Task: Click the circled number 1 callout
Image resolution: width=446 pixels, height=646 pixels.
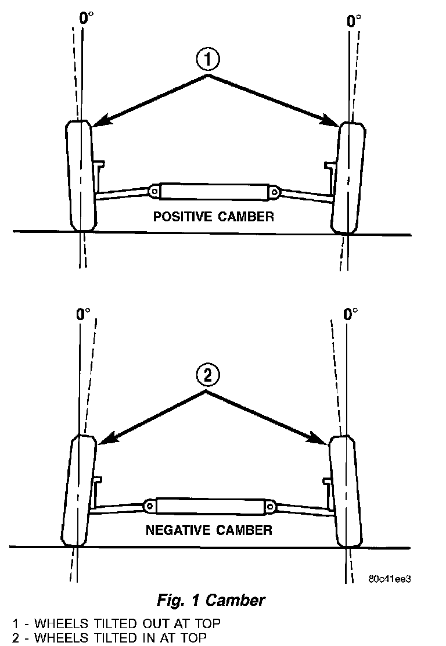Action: pyautogui.click(x=208, y=59)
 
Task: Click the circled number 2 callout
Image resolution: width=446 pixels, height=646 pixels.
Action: pyautogui.click(x=208, y=376)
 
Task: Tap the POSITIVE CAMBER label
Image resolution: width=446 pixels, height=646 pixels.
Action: pyautogui.click(x=213, y=217)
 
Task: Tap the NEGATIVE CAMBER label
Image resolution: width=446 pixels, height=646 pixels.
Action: pyautogui.click(x=208, y=530)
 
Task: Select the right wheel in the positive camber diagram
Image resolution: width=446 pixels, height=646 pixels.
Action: pyautogui.click(x=350, y=177)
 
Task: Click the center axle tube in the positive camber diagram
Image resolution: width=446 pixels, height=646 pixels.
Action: pyautogui.click(x=213, y=191)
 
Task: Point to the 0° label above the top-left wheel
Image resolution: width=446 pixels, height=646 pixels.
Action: pyautogui.click(x=85, y=17)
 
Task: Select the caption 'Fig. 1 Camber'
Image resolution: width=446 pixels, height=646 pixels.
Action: pyautogui.click(x=211, y=598)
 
